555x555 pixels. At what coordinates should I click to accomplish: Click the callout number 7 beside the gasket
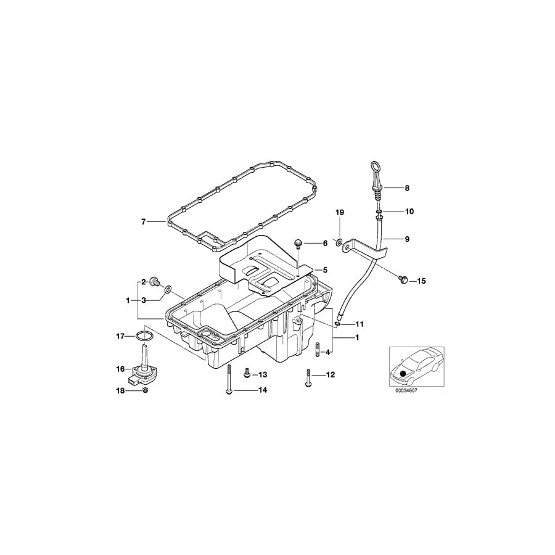(143, 221)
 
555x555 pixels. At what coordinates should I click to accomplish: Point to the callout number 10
(409, 212)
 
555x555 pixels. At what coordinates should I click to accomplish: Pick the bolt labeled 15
(403, 281)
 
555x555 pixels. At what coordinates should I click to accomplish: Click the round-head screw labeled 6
(298, 244)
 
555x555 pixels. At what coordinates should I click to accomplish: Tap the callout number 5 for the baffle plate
(325, 269)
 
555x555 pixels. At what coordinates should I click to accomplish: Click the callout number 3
(143, 300)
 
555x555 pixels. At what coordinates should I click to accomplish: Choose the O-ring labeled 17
(143, 336)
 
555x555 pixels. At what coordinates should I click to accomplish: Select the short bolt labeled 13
(247, 374)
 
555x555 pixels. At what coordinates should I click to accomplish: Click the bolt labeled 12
(306, 377)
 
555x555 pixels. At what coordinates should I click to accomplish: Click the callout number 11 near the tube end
(359, 324)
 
